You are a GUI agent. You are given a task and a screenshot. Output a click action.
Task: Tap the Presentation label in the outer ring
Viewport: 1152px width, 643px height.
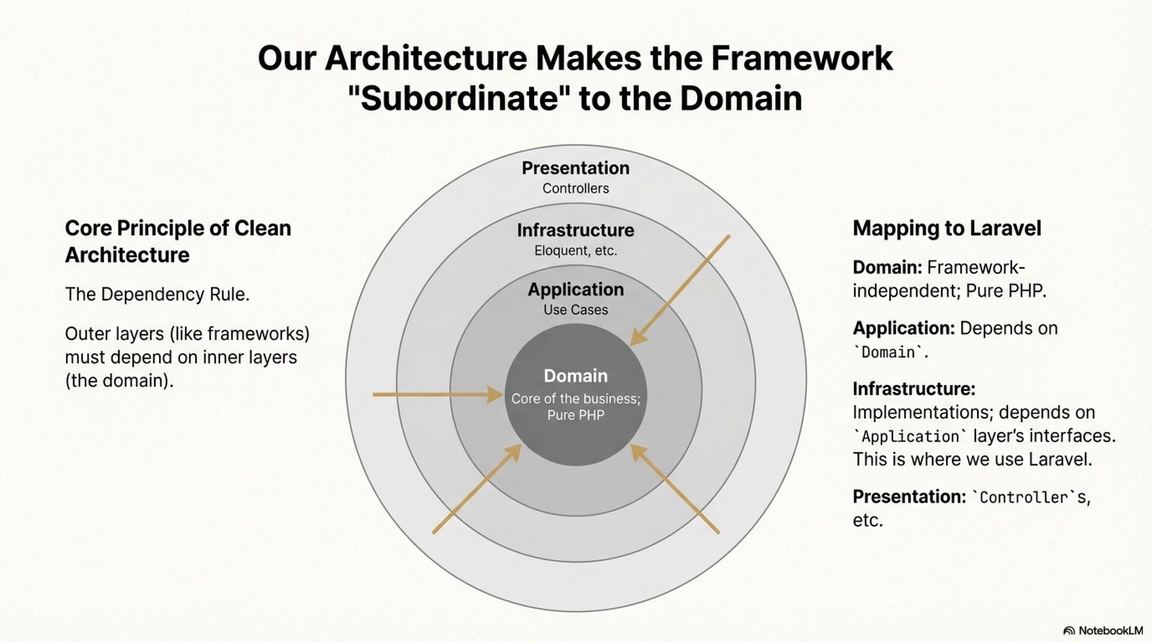click(x=575, y=168)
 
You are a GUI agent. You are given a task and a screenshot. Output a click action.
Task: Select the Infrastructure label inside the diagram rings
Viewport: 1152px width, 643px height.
click(x=575, y=230)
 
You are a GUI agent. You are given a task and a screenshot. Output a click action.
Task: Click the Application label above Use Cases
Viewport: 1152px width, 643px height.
click(x=575, y=290)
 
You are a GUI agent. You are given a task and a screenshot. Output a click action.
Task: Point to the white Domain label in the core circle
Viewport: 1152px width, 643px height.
click(x=575, y=376)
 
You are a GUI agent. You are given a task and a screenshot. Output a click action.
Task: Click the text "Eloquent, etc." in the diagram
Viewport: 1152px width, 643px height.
click(x=575, y=251)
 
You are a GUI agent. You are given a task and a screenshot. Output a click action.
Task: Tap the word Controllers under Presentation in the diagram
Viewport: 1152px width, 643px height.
click(x=575, y=188)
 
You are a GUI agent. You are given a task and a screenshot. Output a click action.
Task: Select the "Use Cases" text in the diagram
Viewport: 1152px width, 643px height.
click(x=575, y=310)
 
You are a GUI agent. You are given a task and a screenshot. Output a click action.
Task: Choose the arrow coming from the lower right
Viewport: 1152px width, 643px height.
click(x=675, y=488)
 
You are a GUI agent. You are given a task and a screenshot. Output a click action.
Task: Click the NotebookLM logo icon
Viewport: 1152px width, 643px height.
click(x=1069, y=630)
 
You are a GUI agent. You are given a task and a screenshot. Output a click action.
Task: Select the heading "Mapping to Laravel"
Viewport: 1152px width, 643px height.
click(x=947, y=229)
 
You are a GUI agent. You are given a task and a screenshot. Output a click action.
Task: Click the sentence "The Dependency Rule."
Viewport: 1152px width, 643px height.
click(x=157, y=295)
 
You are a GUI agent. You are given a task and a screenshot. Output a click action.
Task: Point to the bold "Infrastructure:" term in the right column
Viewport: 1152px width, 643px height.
click(x=914, y=389)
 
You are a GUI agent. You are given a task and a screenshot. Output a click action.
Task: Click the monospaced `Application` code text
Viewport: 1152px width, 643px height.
click(x=910, y=437)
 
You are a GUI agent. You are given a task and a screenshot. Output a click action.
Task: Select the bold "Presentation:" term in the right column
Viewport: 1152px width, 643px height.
click(x=909, y=497)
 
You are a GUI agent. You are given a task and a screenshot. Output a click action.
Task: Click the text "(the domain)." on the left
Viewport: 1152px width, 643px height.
click(x=119, y=381)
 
